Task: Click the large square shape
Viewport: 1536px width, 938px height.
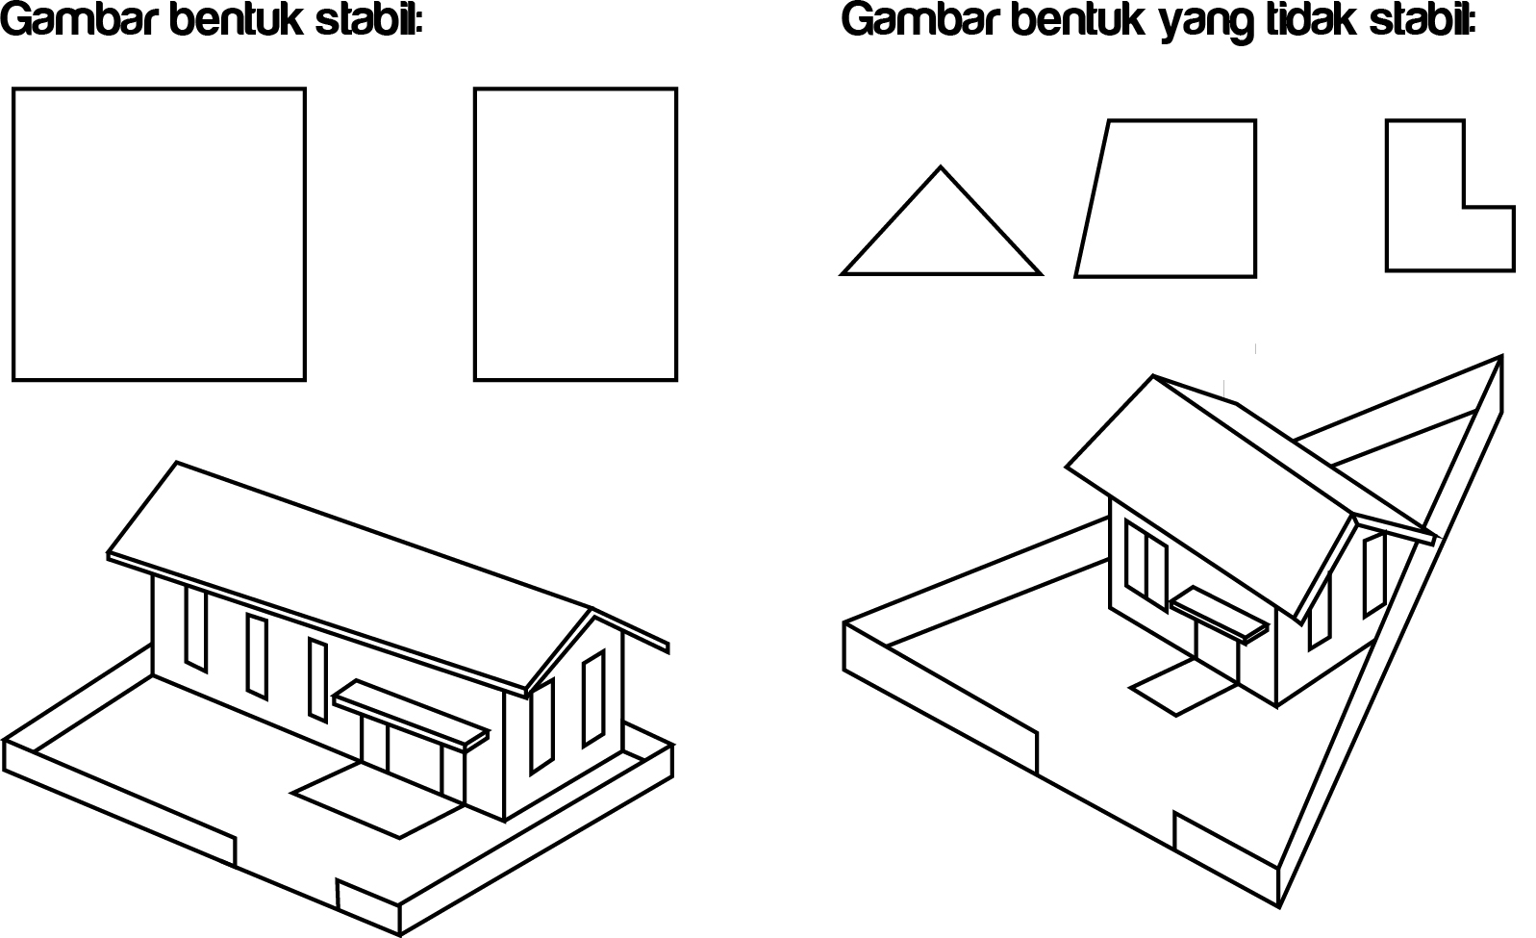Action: click(159, 234)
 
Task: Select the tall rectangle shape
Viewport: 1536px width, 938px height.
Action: click(575, 234)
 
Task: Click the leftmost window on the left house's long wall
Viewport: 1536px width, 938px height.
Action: click(195, 626)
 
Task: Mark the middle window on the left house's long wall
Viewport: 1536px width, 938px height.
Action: click(257, 655)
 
